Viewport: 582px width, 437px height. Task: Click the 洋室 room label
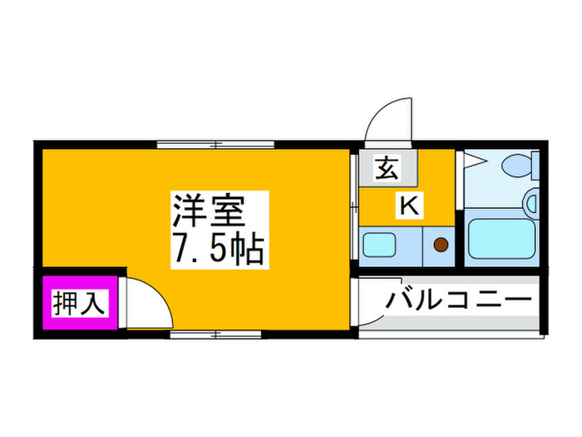pyautogui.click(x=208, y=211)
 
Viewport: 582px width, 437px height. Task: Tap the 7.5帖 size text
pyautogui.click(x=219, y=249)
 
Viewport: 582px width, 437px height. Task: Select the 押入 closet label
pyautogui.click(x=79, y=303)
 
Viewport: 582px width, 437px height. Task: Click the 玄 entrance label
pyautogui.click(x=387, y=168)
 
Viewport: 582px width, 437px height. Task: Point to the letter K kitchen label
pyautogui.click(x=409, y=206)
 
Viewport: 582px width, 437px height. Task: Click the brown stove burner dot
pyautogui.click(x=441, y=245)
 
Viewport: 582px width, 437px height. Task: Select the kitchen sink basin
pyautogui.click(x=379, y=245)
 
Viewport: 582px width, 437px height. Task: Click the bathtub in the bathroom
pyautogui.click(x=502, y=239)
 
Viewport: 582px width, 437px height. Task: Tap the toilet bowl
pyautogui.click(x=517, y=165)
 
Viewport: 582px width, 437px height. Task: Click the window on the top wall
pyautogui.click(x=215, y=145)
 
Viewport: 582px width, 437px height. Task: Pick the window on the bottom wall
pyautogui.click(x=215, y=335)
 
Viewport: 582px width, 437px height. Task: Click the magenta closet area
pyautogui.click(x=80, y=302)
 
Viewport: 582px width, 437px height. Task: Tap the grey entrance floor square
pyautogui.click(x=388, y=167)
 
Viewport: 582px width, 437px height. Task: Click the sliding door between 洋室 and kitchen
pyautogui.click(x=354, y=207)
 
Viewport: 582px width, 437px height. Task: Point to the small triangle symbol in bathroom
pyautogui.click(x=476, y=161)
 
